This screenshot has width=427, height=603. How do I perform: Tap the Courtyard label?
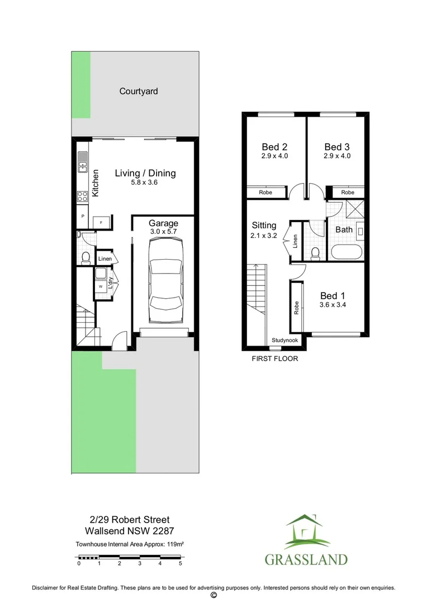tap(139, 91)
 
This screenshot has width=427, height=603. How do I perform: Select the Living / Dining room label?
tap(145, 173)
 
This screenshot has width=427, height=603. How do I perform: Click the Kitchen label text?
tap(96, 183)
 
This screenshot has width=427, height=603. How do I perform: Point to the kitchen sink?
tap(82, 161)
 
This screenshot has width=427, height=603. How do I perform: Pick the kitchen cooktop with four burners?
tap(82, 196)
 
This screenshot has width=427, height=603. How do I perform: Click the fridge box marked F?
tap(101, 222)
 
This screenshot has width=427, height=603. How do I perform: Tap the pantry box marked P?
tap(83, 216)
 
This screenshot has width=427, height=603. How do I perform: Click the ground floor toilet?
tap(86, 257)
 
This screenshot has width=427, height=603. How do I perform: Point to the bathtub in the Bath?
tap(347, 251)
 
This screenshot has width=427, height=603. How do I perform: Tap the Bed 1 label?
tap(331, 296)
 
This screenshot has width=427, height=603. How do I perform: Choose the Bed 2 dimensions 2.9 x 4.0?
tap(274, 156)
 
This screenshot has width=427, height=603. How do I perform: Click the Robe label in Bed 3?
tap(348, 193)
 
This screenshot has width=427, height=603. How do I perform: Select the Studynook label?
tap(285, 340)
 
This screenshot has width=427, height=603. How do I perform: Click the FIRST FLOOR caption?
tap(275, 358)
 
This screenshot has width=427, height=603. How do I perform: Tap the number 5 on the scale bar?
tap(180, 564)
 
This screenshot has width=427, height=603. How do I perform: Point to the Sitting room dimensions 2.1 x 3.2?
tap(264, 236)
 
